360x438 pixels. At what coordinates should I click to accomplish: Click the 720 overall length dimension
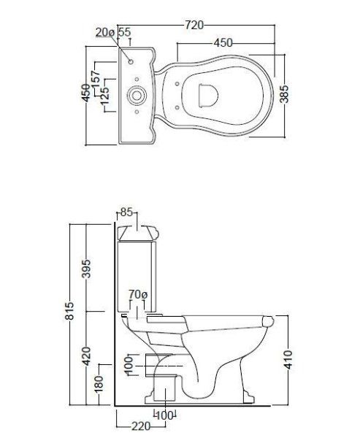tap(193, 25)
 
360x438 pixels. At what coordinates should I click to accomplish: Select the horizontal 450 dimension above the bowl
tap(223, 43)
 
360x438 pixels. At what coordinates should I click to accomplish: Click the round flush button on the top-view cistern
tap(137, 94)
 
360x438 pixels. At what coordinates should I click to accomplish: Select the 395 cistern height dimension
tap(85, 268)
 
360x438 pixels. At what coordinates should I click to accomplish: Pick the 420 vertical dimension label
tap(86, 356)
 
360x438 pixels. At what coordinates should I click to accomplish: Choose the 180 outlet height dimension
tap(99, 383)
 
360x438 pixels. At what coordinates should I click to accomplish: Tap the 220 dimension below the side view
tap(141, 425)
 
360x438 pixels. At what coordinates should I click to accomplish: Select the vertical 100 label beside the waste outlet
tap(129, 364)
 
